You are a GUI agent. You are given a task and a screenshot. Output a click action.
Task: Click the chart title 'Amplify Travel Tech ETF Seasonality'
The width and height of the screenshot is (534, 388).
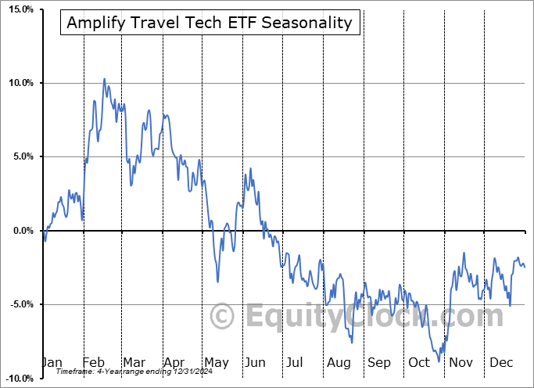210,23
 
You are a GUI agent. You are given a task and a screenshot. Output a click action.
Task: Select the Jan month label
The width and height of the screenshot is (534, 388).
51,363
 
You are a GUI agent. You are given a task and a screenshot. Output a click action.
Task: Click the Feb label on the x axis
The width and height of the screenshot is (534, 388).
93,363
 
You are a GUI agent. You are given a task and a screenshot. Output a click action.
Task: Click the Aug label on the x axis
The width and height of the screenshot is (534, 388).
339,363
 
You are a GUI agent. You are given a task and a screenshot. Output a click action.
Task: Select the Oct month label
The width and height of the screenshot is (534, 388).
420,363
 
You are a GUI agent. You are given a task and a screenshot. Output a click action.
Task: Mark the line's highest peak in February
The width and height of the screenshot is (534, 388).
104,79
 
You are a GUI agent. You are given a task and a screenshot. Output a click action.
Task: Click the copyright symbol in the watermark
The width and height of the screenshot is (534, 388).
224,317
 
